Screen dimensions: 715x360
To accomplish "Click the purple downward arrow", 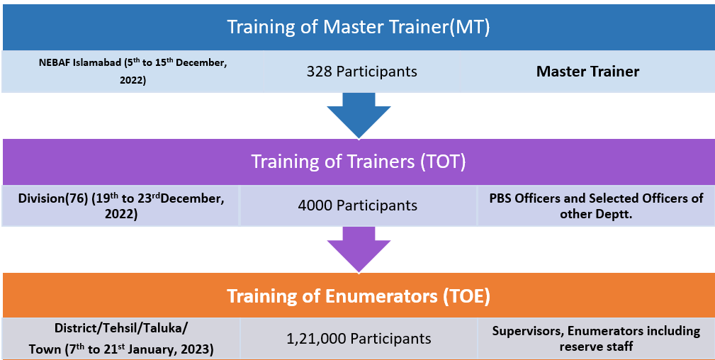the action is pyautogui.click(x=359, y=249).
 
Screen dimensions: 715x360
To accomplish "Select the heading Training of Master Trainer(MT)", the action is pyautogui.click(x=359, y=26).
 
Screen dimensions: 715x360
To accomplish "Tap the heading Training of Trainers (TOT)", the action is pyautogui.click(x=359, y=162).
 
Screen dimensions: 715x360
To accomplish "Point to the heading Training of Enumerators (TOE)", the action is pyautogui.click(x=359, y=296).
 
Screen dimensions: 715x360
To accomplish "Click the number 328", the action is pyautogui.click(x=319, y=72).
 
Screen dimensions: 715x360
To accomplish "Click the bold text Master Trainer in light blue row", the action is pyautogui.click(x=587, y=72).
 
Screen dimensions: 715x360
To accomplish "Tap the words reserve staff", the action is pyautogui.click(x=596, y=347).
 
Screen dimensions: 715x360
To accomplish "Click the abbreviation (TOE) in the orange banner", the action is pyautogui.click(x=466, y=296).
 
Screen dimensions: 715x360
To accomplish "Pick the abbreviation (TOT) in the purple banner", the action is pyautogui.click(x=443, y=162).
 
